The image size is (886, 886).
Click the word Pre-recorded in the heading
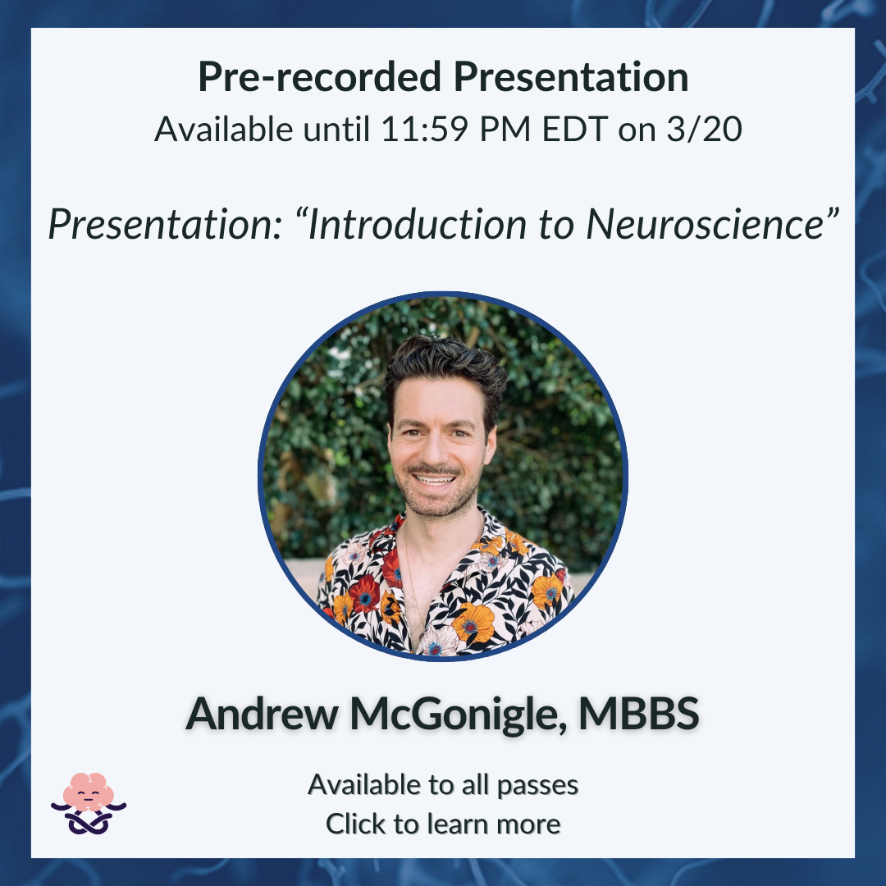319,77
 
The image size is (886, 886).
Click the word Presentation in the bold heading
571,77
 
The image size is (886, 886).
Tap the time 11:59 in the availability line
424,129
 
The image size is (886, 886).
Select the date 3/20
704,129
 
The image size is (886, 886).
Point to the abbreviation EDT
574,129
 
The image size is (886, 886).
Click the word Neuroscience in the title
706,224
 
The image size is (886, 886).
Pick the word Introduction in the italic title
417,224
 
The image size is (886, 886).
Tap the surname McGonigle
459,715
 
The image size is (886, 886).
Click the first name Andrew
263,714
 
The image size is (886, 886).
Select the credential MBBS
638,714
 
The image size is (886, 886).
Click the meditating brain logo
89,803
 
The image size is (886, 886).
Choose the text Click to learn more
443,824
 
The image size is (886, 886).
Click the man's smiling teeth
434,480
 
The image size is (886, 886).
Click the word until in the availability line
336,129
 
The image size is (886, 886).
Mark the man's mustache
434,470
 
